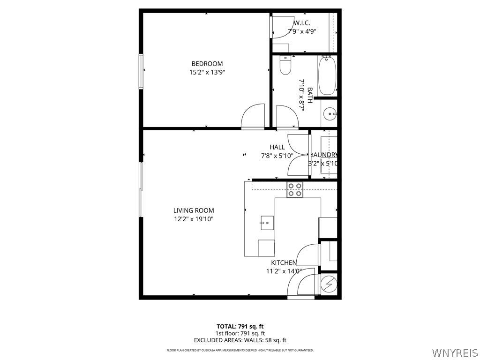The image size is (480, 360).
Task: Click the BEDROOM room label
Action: (x=207, y=64)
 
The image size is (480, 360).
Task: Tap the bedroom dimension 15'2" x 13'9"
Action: (x=207, y=73)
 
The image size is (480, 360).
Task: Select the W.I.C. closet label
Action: (x=302, y=23)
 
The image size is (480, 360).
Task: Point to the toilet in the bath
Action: (x=285, y=66)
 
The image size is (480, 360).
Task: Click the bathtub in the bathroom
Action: (x=327, y=75)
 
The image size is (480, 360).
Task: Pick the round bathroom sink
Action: (x=330, y=113)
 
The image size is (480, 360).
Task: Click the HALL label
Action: (x=277, y=147)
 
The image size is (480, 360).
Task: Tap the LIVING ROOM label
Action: (x=194, y=210)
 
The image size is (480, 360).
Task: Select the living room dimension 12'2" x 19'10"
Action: (x=194, y=219)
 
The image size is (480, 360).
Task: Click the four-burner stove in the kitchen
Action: (x=295, y=190)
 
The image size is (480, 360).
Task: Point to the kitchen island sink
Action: (x=267, y=221)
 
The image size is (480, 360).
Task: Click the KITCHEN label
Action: (x=284, y=263)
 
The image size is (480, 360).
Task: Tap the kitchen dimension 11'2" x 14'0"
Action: (x=283, y=271)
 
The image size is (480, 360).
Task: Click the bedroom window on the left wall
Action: (x=141, y=71)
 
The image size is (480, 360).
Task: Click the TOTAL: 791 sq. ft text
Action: (x=240, y=326)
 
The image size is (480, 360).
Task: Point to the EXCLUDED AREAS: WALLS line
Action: (x=240, y=340)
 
